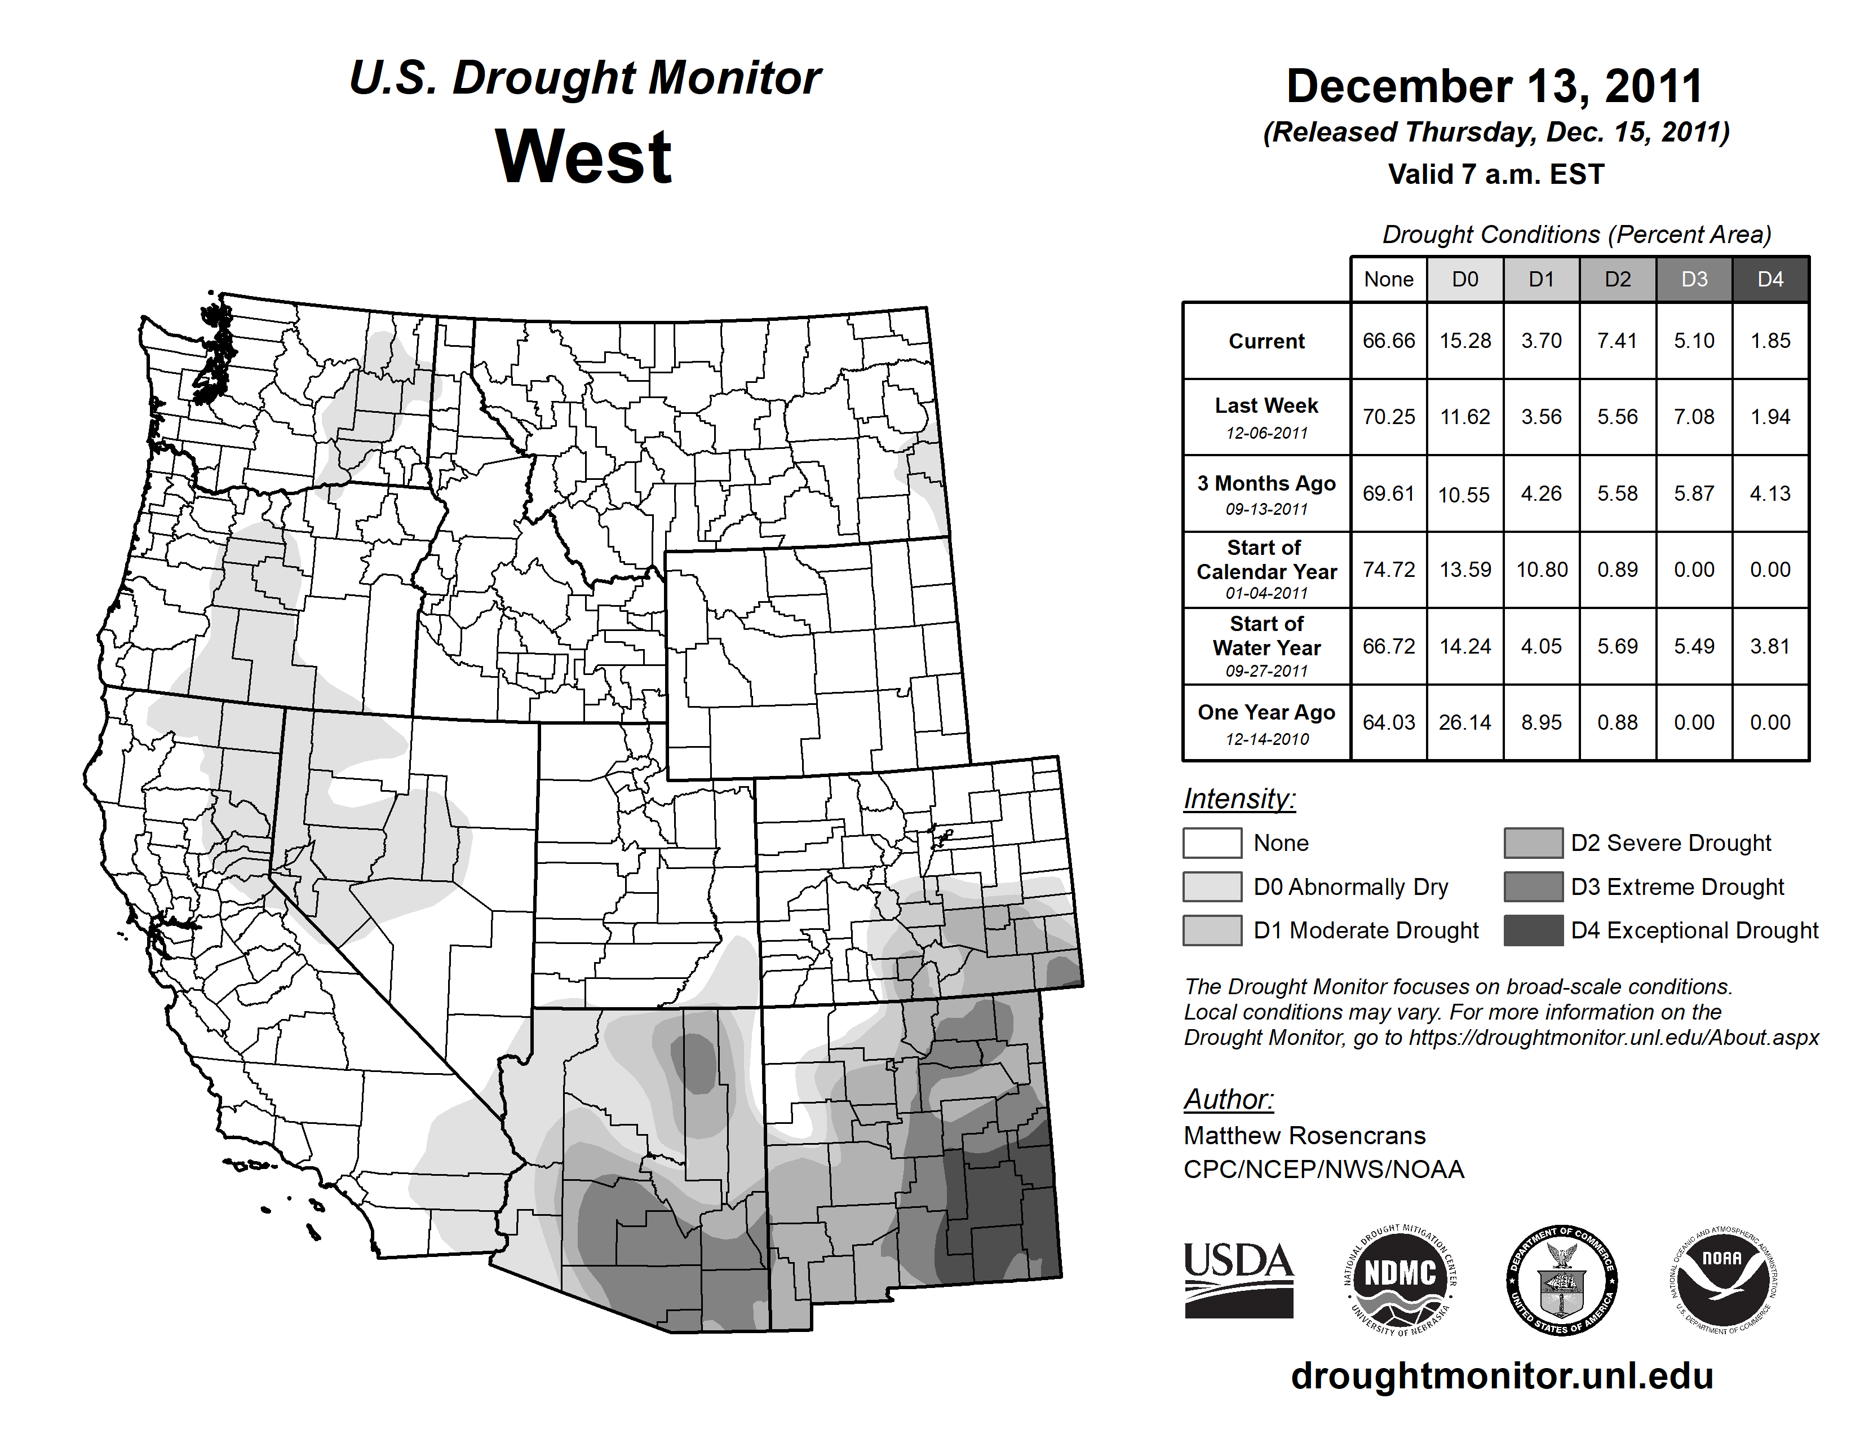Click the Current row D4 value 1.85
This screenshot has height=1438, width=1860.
point(1770,341)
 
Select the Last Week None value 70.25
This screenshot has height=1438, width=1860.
point(1388,417)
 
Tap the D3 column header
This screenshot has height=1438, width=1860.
point(1694,279)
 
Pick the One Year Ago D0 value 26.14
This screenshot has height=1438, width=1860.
point(1465,722)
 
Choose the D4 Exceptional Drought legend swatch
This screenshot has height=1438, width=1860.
point(1533,930)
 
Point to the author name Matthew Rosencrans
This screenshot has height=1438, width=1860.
point(1304,1136)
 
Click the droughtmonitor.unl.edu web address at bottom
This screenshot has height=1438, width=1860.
point(1502,1377)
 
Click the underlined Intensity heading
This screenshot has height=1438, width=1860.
point(1239,799)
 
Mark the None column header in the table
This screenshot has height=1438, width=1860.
point(1388,279)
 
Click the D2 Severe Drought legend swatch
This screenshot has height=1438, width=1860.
point(1533,842)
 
